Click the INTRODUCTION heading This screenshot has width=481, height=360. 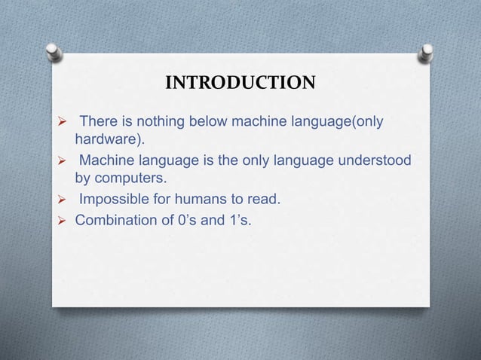tap(240, 82)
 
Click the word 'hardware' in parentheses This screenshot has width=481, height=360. tap(108, 140)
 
